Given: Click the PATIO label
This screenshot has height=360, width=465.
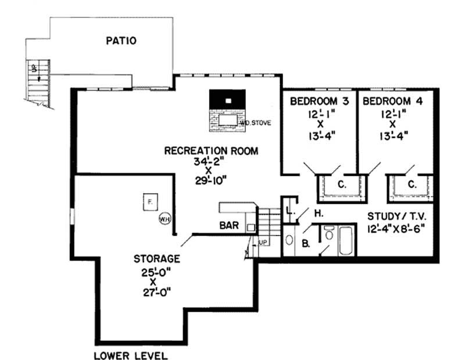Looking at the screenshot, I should [x=121, y=41].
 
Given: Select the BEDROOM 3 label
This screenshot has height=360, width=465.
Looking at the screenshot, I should [x=320, y=101].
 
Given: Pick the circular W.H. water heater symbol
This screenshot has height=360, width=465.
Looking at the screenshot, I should [x=164, y=219].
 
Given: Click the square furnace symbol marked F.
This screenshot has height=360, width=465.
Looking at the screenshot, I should [x=150, y=202].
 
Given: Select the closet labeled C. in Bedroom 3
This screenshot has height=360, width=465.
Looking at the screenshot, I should [x=342, y=185].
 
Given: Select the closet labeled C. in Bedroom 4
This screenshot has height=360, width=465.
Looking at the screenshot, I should [x=412, y=185].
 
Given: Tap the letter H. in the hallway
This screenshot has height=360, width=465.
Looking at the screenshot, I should [x=319, y=214].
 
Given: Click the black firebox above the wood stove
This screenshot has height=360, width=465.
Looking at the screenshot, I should [x=228, y=100].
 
